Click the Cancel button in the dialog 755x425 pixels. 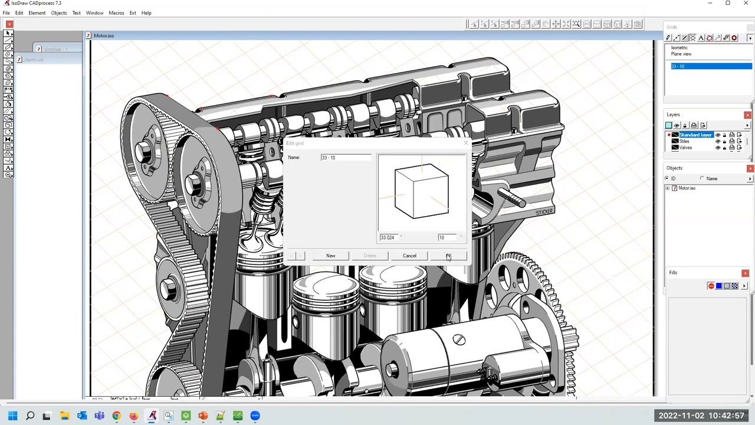(409, 256)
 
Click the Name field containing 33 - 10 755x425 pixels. (346, 158)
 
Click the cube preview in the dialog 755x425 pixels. (421, 192)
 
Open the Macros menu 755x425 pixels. (116, 13)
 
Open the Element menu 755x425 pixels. (37, 13)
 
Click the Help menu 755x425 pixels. (146, 13)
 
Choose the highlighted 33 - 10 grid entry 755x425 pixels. (711, 66)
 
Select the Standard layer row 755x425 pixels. (696, 135)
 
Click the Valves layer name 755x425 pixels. (685, 148)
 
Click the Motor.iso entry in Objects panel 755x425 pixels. (687, 188)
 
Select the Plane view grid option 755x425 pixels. (681, 54)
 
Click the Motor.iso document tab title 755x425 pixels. (104, 36)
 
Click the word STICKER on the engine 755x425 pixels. (544, 212)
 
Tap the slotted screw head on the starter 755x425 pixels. (459, 340)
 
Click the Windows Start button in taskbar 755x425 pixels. (12, 416)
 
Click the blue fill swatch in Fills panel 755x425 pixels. (718, 286)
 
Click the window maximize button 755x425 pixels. (728, 4)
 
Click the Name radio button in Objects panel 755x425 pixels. (702, 179)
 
